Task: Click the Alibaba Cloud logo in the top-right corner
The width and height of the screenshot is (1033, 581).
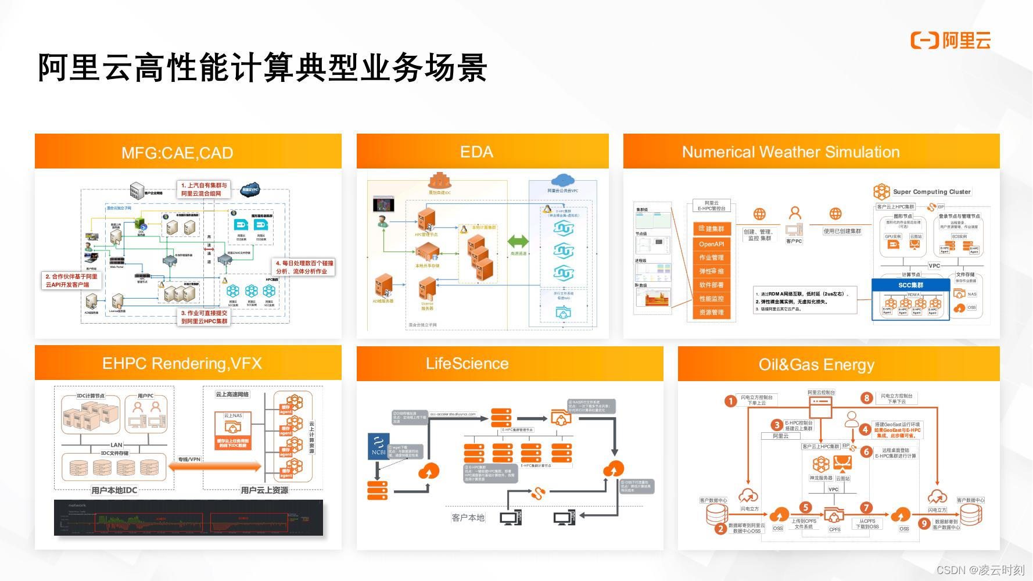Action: pyautogui.click(x=950, y=40)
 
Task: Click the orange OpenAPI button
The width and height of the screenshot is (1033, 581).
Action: pyautogui.click(x=711, y=244)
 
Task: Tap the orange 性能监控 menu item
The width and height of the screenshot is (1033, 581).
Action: pyautogui.click(x=711, y=299)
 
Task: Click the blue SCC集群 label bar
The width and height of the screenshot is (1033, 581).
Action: pyautogui.click(x=910, y=285)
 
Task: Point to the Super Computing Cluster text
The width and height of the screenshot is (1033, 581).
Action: pyautogui.click(x=931, y=192)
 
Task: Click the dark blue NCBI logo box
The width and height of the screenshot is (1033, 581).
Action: pyautogui.click(x=378, y=446)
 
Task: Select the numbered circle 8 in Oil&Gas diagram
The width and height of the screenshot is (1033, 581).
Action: pyautogui.click(x=867, y=398)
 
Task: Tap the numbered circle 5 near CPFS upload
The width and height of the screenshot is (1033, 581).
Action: pyautogui.click(x=805, y=507)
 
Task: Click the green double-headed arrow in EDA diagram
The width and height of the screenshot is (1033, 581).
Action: pyautogui.click(x=518, y=241)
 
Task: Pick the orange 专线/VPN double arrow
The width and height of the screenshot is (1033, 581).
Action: pyautogui.click(x=215, y=467)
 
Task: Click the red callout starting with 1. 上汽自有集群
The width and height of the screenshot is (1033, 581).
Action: pyautogui.click(x=204, y=189)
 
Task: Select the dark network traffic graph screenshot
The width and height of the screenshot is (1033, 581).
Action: pyautogui.click(x=188, y=517)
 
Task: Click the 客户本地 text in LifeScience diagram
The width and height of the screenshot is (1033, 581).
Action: pyautogui.click(x=468, y=517)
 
